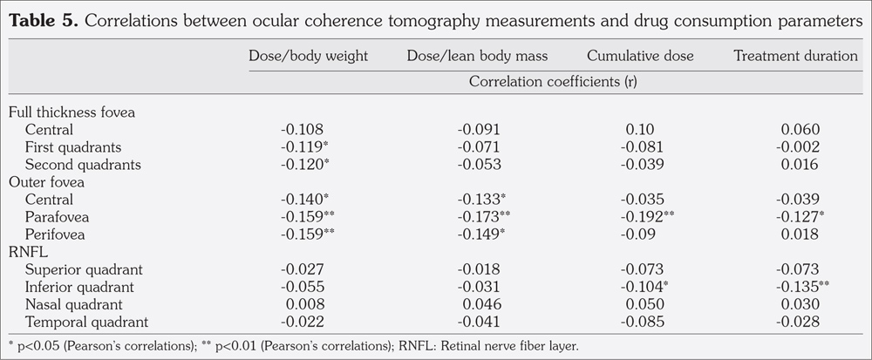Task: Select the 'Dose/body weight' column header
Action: coord(309,56)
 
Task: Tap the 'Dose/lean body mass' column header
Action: coord(477,56)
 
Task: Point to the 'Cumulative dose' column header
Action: coord(640,56)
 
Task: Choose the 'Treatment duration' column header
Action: coord(795,56)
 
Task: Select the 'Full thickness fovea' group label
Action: coord(72,112)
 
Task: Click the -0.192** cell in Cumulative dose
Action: coord(644,215)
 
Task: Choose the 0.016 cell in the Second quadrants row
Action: coord(800,164)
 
